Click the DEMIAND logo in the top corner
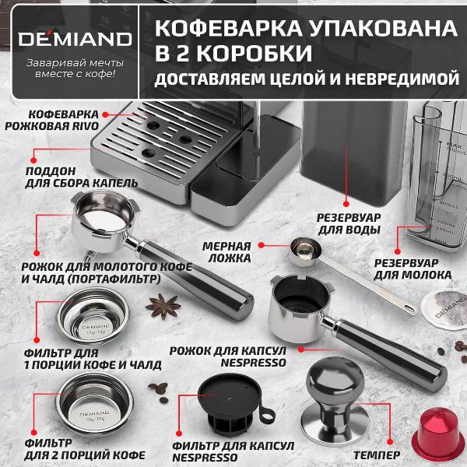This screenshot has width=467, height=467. pyautogui.click(x=69, y=37)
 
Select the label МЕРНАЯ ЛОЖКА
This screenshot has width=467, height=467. pyautogui.click(x=226, y=251)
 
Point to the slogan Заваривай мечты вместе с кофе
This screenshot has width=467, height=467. pyautogui.click(x=70, y=68)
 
